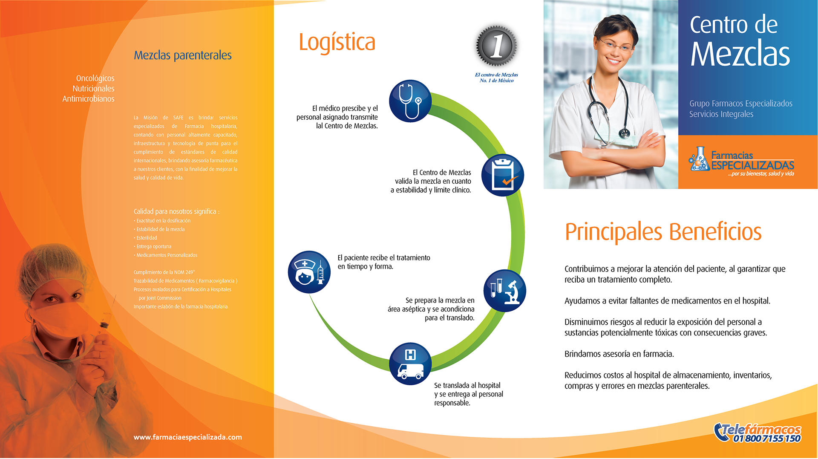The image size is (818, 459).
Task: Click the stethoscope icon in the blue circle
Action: click(x=410, y=101)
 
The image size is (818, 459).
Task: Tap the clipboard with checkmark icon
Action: click(x=503, y=175)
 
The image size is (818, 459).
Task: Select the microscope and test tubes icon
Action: click(x=505, y=291)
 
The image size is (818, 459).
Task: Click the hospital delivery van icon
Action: click(x=410, y=364)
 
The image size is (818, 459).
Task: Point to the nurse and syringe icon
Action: click(x=309, y=272)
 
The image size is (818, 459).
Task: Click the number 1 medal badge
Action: click(x=497, y=46)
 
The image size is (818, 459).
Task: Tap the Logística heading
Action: click(x=337, y=43)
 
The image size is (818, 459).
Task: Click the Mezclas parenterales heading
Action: click(x=183, y=55)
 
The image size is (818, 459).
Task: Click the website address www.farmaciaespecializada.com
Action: click(x=188, y=437)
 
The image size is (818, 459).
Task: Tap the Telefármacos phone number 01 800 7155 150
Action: click(x=767, y=439)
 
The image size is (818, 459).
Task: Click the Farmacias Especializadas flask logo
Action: click(x=699, y=159)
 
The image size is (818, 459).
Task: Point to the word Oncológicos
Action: click(x=95, y=78)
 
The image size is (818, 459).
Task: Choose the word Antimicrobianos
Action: click(x=88, y=99)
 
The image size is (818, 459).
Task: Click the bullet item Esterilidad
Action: click(x=147, y=238)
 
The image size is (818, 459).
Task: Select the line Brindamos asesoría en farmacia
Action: click(x=619, y=354)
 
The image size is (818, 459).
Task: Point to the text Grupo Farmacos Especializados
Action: click(x=741, y=104)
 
